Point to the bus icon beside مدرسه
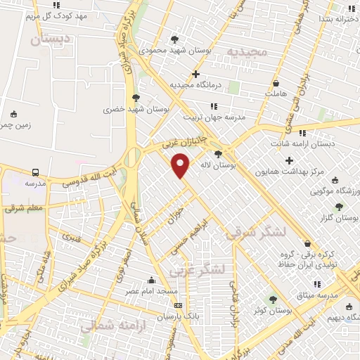coord(35,172)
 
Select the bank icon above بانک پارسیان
coord(178,305)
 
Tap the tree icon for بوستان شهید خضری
coord(135,98)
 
